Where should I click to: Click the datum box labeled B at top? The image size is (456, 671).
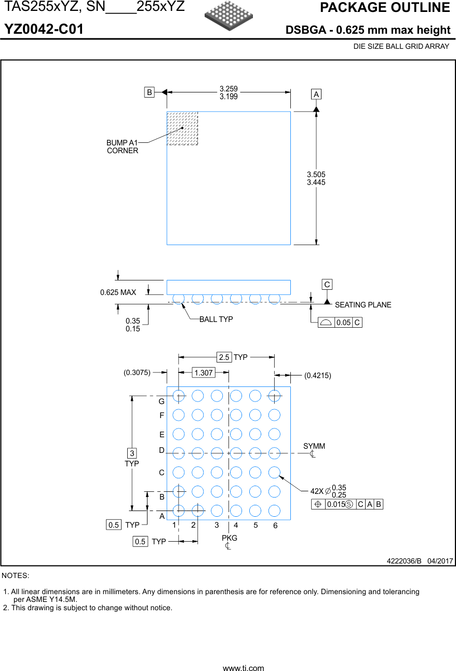coord(150,92)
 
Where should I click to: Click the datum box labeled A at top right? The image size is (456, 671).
coord(316,94)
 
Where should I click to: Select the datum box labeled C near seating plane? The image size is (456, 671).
coord(327,285)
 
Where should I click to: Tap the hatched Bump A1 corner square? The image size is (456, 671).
coord(182,128)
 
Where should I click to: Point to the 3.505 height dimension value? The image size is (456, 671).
coord(316,175)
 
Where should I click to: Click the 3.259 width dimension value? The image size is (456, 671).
coord(229,89)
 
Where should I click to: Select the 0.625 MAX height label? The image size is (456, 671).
coord(118,292)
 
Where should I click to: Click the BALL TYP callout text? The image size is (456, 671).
coord(216,319)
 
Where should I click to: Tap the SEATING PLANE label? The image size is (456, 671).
coord(363,305)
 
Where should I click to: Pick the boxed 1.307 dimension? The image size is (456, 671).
coord(203,372)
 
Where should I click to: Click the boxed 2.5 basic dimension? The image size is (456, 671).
coord(224,357)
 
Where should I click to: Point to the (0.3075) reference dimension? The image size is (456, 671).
coord(137,372)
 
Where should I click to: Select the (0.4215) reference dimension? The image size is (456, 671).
coord(318,375)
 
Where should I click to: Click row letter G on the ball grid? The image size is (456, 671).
coord(162,401)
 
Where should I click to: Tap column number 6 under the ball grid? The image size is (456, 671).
coord(275,526)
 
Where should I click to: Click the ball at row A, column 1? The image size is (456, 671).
coord(178,511)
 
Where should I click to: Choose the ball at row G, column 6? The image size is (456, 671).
coord(274,396)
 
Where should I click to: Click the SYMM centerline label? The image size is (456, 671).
coord(314,446)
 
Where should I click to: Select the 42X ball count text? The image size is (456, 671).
coord(317,491)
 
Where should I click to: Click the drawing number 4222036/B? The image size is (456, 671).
coord(405,561)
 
